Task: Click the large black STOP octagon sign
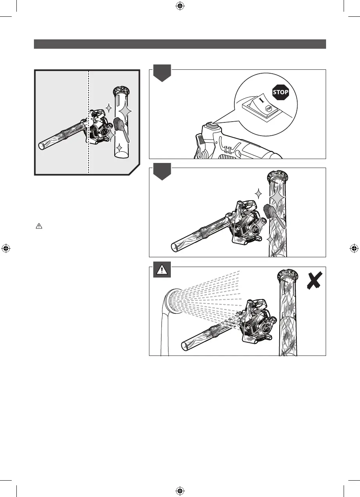tap(280, 92)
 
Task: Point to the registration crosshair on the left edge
tap(6, 248)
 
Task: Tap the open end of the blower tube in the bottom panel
tap(186, 345)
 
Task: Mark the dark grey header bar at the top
tap(180, 44)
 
